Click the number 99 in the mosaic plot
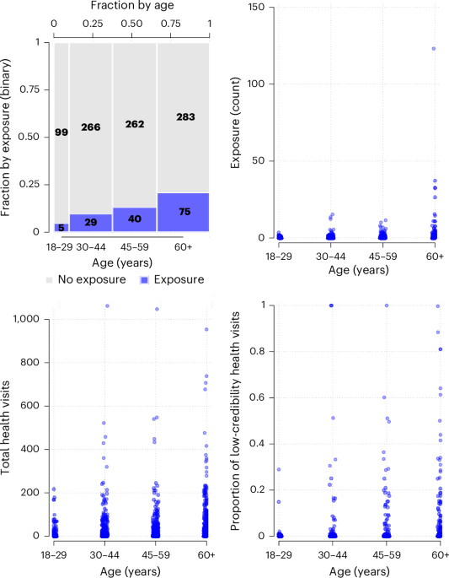61,132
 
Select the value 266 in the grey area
91,127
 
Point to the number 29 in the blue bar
91,223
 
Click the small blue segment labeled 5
61,227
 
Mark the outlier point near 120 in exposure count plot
434,48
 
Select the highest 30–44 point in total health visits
107,306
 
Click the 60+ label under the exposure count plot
434,255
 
